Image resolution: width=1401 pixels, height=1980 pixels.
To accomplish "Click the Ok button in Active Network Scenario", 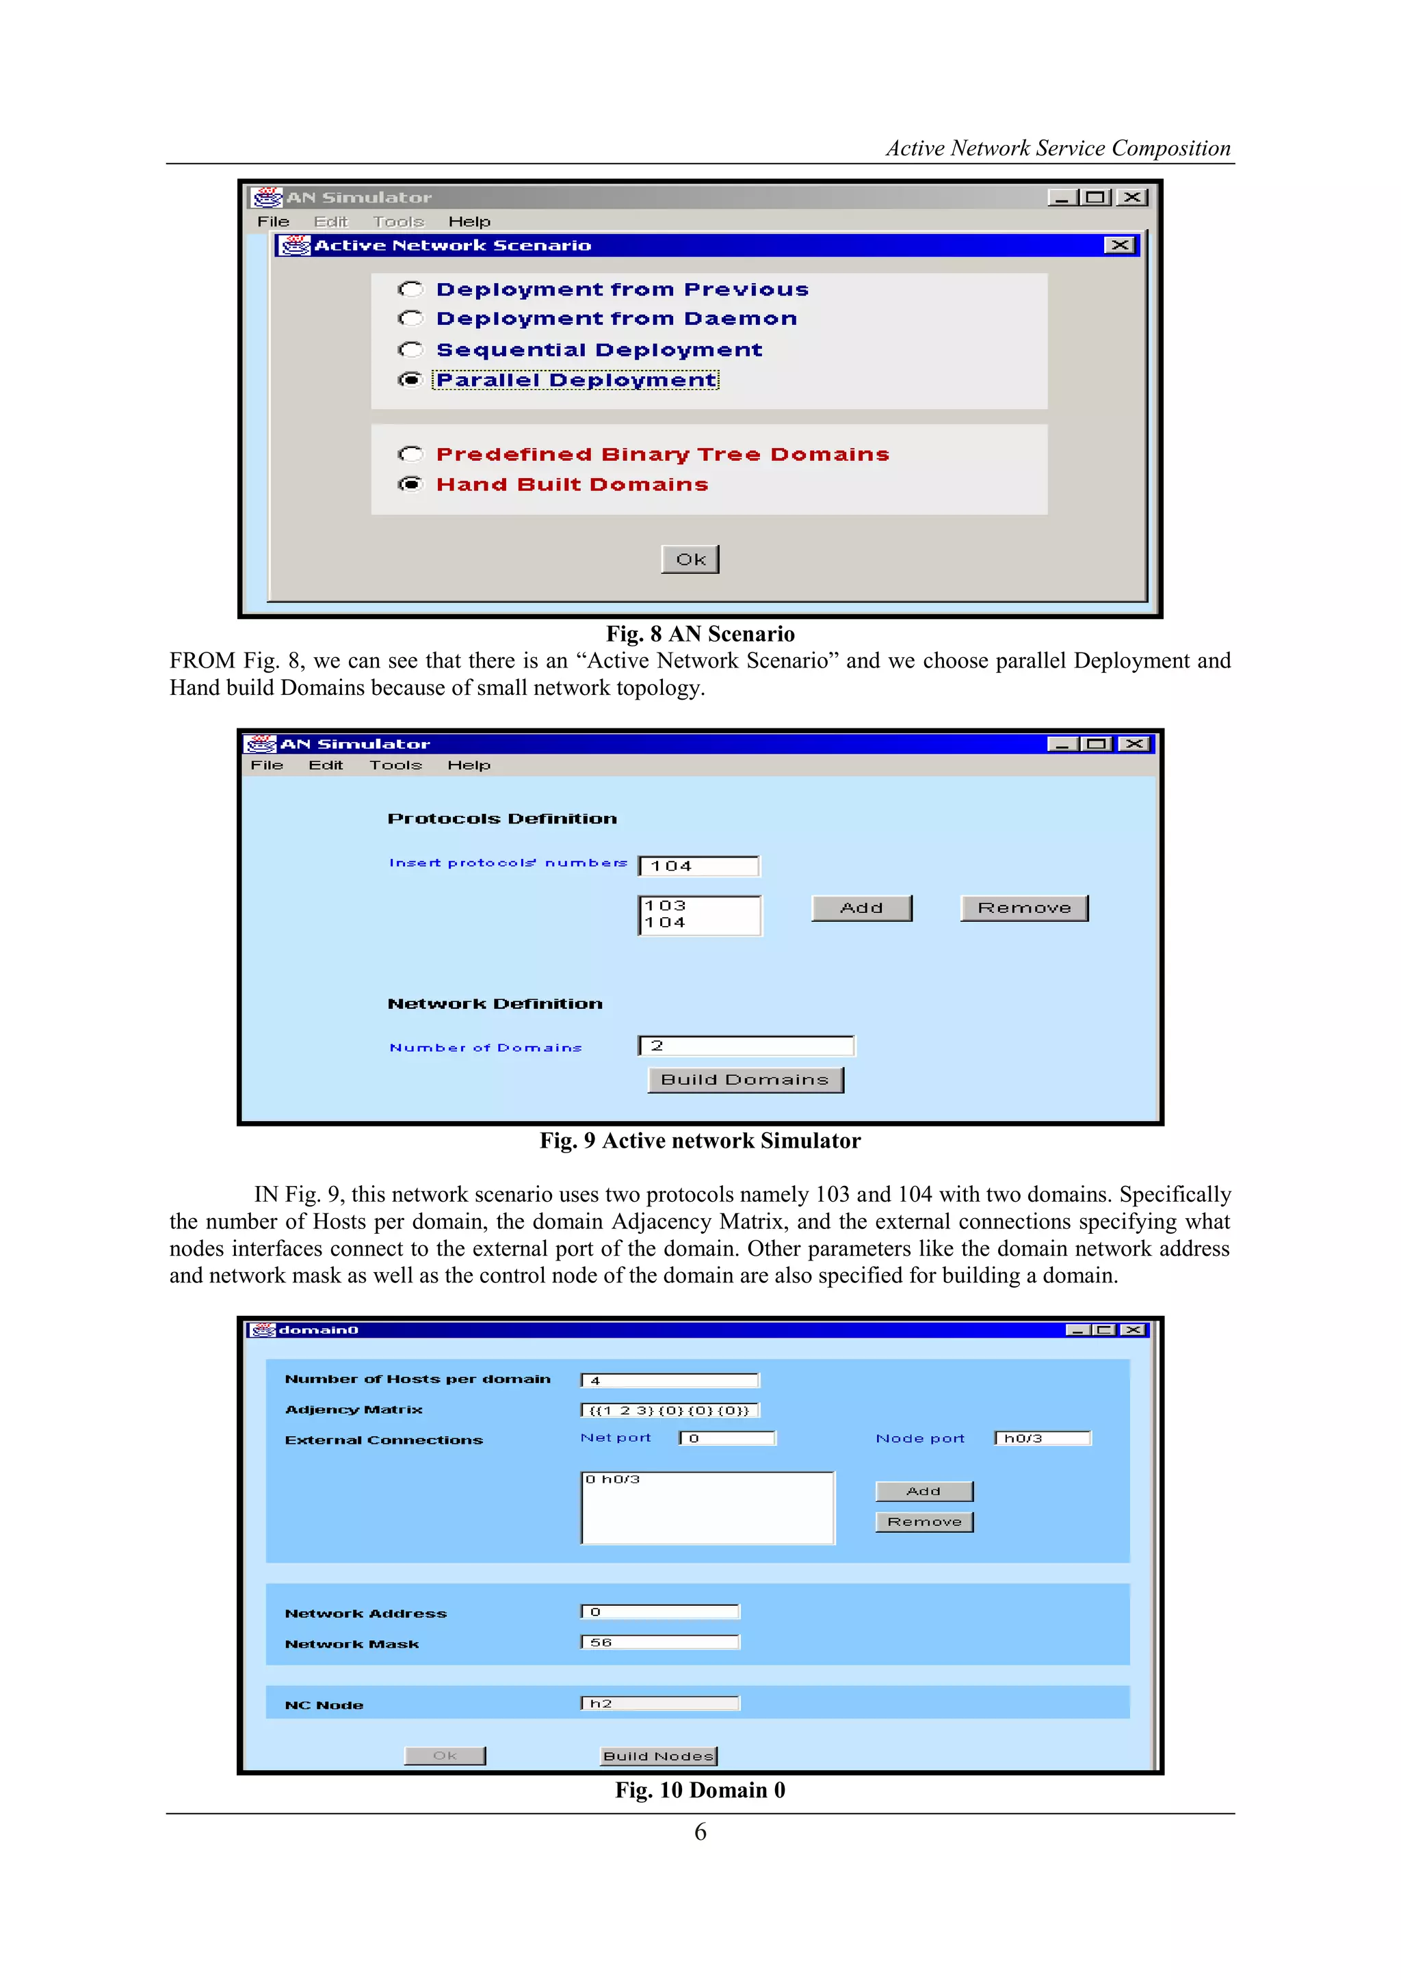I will (690, 559).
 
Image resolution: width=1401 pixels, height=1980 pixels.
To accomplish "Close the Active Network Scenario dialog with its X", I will (1119, 245).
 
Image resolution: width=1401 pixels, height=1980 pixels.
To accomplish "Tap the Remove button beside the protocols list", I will (1024, 908).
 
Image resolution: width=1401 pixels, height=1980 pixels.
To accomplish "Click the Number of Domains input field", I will (746, 1046).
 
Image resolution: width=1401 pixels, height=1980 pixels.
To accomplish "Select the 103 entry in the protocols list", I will (666, 906).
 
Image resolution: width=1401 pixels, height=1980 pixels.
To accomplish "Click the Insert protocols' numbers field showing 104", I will (698, 866).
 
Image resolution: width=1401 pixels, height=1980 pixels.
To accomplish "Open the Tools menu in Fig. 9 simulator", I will (396, 765).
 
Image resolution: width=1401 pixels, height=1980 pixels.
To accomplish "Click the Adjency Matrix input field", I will (670, 1410).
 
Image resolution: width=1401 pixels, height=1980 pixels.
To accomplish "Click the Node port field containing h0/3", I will (1042, 1438).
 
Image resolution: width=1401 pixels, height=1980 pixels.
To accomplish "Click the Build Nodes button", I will (659, 1756).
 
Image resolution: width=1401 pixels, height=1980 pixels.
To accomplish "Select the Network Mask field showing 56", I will (660, 1642).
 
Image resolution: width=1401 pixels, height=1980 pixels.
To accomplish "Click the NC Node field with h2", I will (660, 1703).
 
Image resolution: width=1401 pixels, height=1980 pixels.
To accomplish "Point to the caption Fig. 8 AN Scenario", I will (700, 634).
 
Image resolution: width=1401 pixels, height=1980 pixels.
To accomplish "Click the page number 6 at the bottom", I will (700, 1832).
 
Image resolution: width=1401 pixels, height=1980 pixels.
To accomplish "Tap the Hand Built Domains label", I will (572, 485).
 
